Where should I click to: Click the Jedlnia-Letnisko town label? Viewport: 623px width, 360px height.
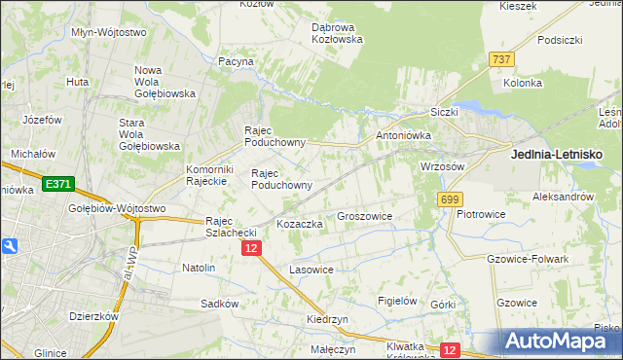[x=557, y=155]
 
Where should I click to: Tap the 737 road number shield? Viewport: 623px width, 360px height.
[x=502, y=60]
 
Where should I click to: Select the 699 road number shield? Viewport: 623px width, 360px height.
[x=449, y=199]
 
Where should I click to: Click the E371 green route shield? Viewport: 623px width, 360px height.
[x=57, y=184]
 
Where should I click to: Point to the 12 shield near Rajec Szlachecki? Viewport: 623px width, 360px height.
[x=251, y=249]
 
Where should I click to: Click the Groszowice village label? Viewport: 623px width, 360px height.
[x=363, y=216]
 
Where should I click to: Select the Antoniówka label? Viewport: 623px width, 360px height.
[x=402, y=135]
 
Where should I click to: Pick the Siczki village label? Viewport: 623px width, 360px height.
[x=443, y=112]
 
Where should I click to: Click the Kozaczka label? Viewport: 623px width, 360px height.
[x=299, y=224]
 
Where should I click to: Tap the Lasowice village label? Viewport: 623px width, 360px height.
[x=311, y=270]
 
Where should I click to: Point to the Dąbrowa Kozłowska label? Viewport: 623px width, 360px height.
[x=336, y=33]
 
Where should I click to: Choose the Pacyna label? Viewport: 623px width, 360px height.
[x=236, y=61]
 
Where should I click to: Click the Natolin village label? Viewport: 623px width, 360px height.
[x=199, y=267]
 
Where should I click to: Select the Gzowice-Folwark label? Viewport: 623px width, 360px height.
[x=526, y=260]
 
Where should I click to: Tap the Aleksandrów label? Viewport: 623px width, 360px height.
[x=563, y=197]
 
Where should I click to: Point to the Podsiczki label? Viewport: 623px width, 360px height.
[x=559, y=40]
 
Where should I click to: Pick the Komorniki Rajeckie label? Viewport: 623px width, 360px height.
[x=205, y=175]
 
